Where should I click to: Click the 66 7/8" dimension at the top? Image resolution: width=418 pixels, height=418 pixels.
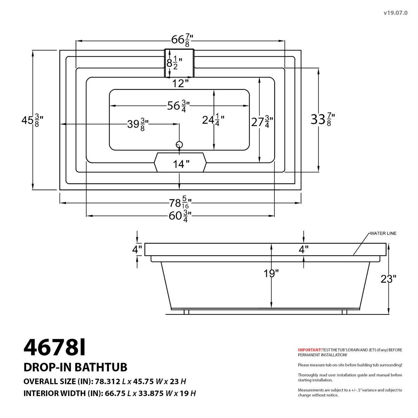point(182,40)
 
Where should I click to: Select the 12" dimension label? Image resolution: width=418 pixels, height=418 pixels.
point(180,84)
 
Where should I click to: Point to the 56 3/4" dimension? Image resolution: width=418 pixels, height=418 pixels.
point(178,106)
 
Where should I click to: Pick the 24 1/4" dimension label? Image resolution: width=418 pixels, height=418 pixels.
point(213,120)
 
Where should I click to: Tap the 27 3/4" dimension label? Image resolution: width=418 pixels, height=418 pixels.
point(262,122)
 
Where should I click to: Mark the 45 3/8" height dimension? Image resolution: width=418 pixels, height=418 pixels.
point(32,121)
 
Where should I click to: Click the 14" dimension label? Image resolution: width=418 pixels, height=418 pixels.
point(181,164)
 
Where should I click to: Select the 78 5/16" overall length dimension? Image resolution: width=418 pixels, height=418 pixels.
point(180,203)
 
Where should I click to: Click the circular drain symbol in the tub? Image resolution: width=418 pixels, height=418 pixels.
point(179,144)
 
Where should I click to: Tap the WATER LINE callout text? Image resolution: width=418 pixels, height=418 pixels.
point(383,233)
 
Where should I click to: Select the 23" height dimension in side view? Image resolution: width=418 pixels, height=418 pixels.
point(388,279)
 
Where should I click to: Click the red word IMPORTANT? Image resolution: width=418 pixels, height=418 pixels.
point(310,350)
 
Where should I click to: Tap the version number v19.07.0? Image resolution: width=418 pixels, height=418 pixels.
point(395,13)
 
